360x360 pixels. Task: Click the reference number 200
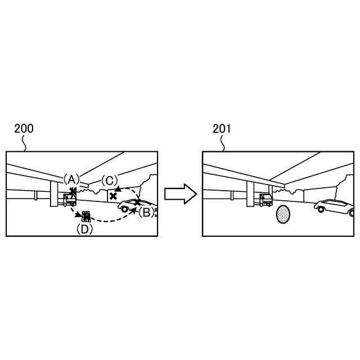click(24, 128)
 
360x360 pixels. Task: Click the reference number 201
click(222, 128)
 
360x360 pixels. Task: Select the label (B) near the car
click(145, 212)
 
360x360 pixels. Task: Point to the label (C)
click(110, 180)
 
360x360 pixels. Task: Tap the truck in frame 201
click(265, 199)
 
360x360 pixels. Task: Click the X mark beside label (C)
click(114, 196)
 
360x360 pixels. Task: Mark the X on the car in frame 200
click(137, 202)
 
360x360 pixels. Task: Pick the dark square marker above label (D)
click(85, 215)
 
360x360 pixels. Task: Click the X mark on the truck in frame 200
click(73, 192)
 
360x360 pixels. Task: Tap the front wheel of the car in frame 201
click(321, 209)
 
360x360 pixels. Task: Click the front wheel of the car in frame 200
click(124, 209)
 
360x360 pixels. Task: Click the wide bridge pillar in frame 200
click(55, 194)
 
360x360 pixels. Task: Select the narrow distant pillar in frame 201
click(233, 195)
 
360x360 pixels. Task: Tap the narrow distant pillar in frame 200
click(36, 195)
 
